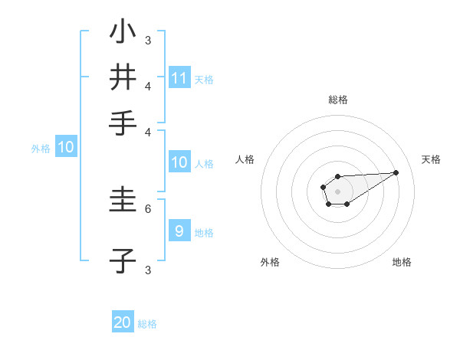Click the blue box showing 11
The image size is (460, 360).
click(x=179, y=78)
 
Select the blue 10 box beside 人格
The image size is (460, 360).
click(x=179, y=162)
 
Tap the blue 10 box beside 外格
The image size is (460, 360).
click(x=66, y=149)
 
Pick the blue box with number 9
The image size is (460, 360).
click(x=179, y=231)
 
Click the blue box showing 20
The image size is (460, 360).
click(x=123, y=323)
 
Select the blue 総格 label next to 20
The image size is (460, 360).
click(x=147, y=324)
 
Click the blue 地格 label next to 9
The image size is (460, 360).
click(x=204, y=232)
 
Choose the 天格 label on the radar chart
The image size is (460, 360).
click(x=432, y=159)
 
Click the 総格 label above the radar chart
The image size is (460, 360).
click(x=338, y=100)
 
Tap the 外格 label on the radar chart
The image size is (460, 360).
click(x=270, y=262)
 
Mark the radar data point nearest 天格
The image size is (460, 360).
click(x=396, y=172)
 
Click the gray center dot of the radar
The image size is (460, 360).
click(x=337, y=191)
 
